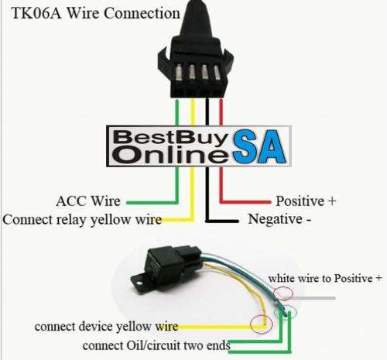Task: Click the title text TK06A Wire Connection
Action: tap(95, 13)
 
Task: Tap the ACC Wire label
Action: tap(88, 201)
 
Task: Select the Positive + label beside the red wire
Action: tap(306, 201)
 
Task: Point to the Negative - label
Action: tap(279, 219)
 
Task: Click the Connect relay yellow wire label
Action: tap(82, 220)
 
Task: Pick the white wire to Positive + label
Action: tap(325, 279)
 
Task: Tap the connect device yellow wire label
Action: tap(106, 327)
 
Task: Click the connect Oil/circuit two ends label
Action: tap(156, 345)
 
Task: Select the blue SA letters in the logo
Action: tap(259, 146)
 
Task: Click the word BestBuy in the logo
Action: tap(171, 138)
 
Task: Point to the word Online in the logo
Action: tap(172, 155)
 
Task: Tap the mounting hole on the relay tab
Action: tap(139, 283)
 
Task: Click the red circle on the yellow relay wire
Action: tap(262, 324)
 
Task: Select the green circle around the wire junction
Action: tap(286, 313)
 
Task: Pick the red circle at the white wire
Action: tap(283, 293)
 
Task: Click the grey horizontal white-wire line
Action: tap(312, 298)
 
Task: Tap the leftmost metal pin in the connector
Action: tap(179, 72)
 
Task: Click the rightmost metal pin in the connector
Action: tap(217, 72)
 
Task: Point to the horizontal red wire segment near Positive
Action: tap(245, 202)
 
